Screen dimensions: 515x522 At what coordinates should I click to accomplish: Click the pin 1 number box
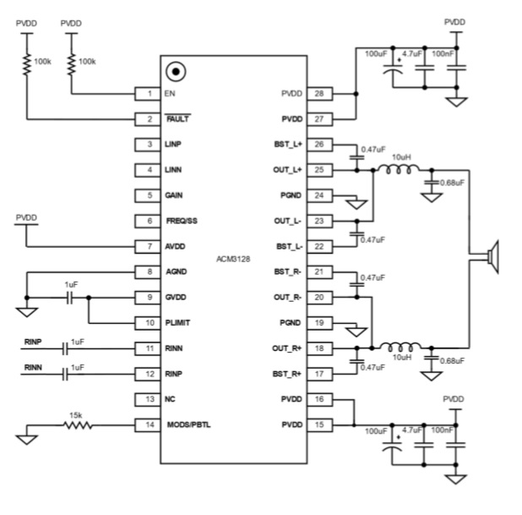(x=150, y=93)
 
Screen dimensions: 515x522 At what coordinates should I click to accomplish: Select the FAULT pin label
(x=177, y=118)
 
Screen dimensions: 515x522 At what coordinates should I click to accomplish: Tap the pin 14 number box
(x=150, y=424)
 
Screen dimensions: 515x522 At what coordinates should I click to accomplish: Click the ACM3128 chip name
(x=234, y=258)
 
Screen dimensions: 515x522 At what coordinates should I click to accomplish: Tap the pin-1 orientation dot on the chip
(x=177, y=72)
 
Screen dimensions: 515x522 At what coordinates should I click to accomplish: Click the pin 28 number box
(x=319, y=93)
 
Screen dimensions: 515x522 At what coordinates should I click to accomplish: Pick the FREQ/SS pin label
(x=181, y=220)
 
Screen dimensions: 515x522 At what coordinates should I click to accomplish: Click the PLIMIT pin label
(x=177, y=322)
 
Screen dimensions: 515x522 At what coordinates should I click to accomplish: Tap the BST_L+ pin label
(x=288, y=145)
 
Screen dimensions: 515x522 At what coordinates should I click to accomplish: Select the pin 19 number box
(x=319, y=322)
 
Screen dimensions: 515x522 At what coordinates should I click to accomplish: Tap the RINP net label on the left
(x=33, y=342)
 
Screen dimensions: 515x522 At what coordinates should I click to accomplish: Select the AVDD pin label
(x=175, y=246)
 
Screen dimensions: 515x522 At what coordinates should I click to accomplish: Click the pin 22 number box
(x=319, y=246)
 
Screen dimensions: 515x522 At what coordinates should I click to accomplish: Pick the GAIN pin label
(x=174, y=194)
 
